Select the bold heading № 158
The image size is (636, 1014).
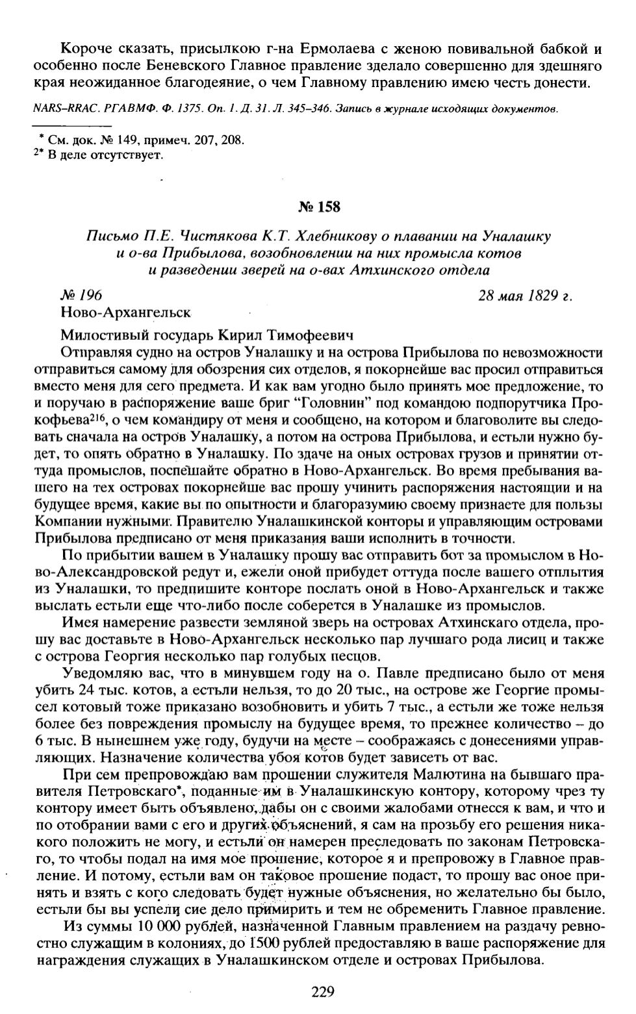(318, 207)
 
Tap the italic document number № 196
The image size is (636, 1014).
(81, 296)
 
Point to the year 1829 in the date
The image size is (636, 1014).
(542, 296)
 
